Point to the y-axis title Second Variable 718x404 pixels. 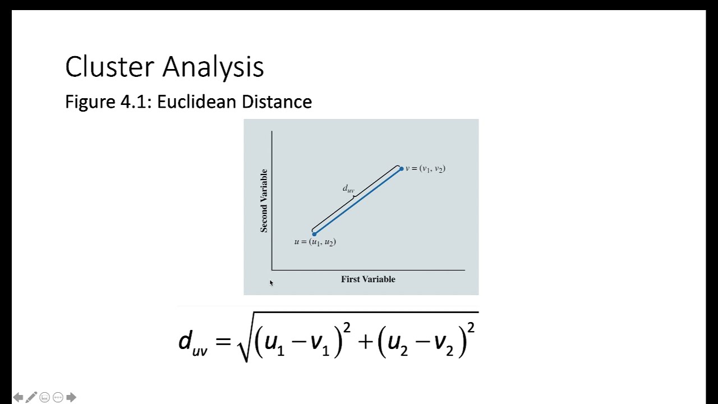(x=264, y=200)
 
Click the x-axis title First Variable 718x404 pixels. (x=368, y=279)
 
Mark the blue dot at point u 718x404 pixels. (x=314, y=234)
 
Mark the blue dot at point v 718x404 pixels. (x=401, y=169)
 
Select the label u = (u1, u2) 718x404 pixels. (x=315, y=242)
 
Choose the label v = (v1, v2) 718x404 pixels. (x=425, y=168)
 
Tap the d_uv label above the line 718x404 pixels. (x=348, y=189)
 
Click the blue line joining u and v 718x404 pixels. (x=358, y=201)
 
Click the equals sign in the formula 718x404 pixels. (x=223, y=341)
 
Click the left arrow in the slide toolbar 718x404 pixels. (x=18, y=397)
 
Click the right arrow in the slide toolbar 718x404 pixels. (x=71, y=397)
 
